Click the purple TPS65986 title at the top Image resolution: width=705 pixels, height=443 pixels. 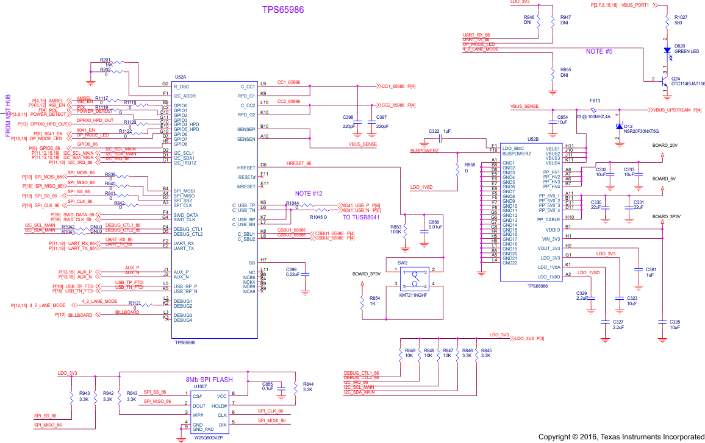pyautogui.click(x=283, y=10)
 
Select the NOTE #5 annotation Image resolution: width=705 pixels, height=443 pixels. pyautogui.click(x=599, y=51)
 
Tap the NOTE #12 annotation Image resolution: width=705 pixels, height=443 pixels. pyautogui.click(x=309, y=193)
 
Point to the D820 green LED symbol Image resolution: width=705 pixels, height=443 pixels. pyautogui.click(x=667, y=55)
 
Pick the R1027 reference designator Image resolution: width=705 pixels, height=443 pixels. pyautogui.click(x=681, y=17)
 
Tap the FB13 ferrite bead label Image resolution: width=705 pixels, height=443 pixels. pyautogui.click(x=595, y=101)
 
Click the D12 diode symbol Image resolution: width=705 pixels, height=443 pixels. pyautogui.click(x=618, y=126)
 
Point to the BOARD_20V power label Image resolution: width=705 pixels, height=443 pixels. pyautogui.click(x=664, y=146)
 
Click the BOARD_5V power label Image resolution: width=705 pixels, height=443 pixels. pyautogui.click(x=663, y=179)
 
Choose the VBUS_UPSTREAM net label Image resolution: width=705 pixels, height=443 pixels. pyautogui.click(x=672, y=110)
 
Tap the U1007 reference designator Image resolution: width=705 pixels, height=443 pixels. pyautogui.click(x=201, y=386)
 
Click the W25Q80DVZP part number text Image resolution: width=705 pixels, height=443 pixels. pyautogui.click(x=210, y=438)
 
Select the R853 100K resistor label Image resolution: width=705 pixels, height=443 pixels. pyautogui.click(x=395, y=229)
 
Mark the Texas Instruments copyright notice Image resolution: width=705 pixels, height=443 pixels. pyautogui.click(x=621, y=437)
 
